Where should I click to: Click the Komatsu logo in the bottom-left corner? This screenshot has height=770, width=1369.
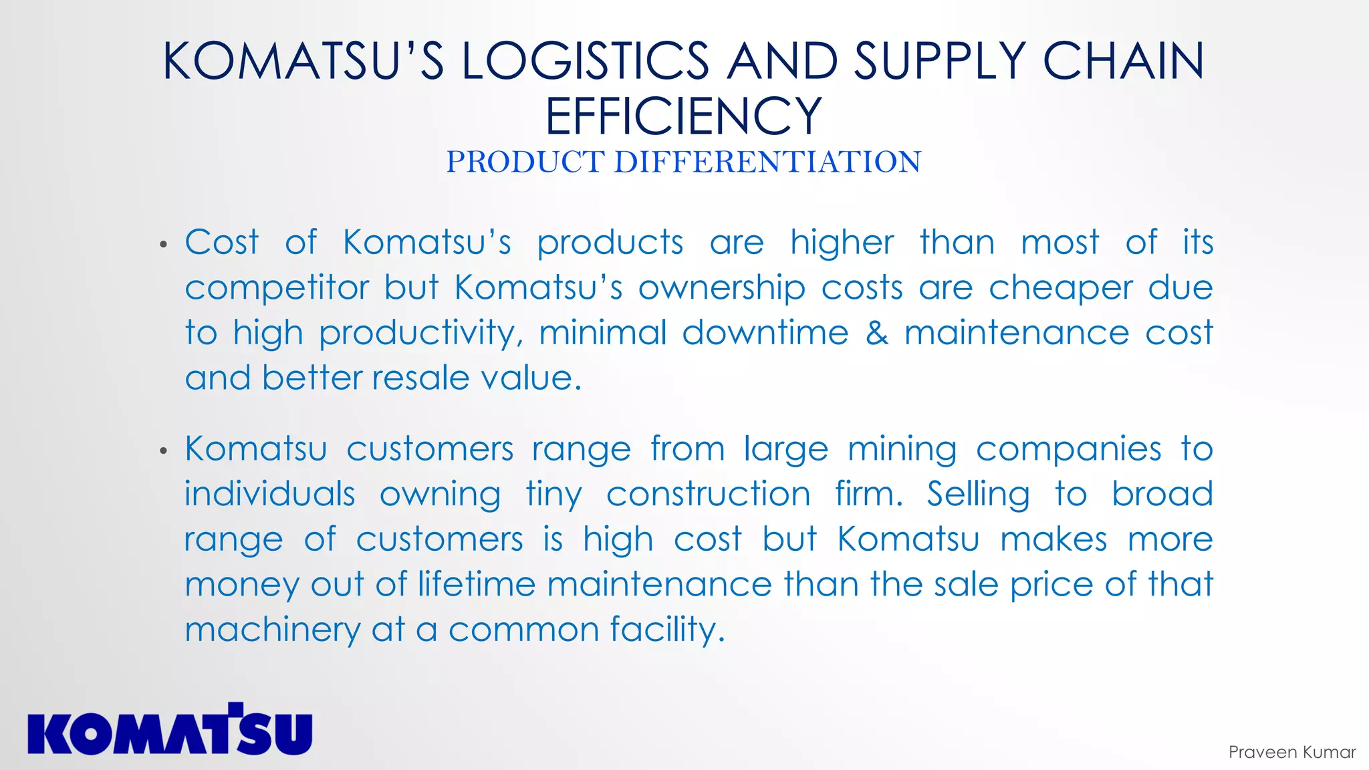[170, 729]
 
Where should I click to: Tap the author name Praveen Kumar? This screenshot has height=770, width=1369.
[1291, 753]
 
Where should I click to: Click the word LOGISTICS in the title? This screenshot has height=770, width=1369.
[585, 61]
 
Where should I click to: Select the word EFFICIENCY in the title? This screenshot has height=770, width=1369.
[683, 116]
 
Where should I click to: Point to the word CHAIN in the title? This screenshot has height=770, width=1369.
[1123, 61]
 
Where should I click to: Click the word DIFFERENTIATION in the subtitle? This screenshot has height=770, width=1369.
[767, 162]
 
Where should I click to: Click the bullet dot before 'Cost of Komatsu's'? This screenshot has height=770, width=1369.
[164, 245]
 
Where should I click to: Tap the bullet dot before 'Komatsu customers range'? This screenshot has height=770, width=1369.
[164, 452]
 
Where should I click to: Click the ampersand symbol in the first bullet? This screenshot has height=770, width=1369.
[876, 333]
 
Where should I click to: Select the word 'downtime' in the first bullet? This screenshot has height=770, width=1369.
[765, 333]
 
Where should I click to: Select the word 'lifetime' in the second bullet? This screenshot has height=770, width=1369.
[477, 584]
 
